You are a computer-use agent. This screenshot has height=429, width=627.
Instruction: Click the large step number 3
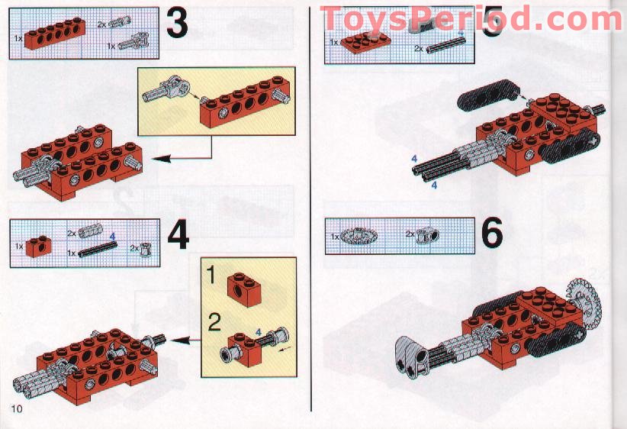click(x=176, y=23)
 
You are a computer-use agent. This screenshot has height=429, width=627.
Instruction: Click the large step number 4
click(x=178, y=237)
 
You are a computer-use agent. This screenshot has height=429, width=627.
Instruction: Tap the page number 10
click(x=17, y=408)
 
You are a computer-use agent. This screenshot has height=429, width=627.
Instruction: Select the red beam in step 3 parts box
click(x=55, y=34)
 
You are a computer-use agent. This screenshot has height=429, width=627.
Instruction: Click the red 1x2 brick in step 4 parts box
click(x=38, y=246)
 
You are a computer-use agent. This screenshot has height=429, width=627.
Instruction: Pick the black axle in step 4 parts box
click(x=97, y=249)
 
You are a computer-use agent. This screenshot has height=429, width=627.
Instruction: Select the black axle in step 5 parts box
click(x=445, y=45)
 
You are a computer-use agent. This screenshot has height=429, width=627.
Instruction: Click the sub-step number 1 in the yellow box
click(x=211, y=276)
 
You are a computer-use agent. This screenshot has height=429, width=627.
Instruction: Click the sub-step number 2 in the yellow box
click(x=214, y=322)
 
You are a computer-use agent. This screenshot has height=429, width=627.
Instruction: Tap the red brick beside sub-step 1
click(x=245, y=289)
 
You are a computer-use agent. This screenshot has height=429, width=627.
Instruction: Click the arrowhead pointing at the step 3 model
click(x=162, y=159)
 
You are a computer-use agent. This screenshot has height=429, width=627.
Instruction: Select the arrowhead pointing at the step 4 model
click(x=180, y=340)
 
